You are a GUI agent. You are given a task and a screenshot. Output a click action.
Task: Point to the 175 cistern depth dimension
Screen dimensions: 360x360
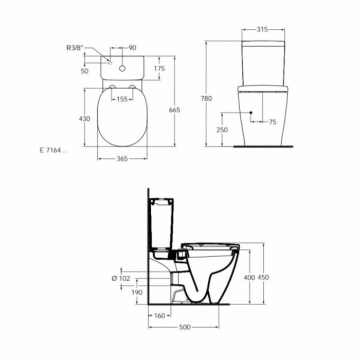point(159,68)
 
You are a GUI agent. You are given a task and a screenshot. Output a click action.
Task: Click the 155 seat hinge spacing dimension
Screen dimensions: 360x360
point(121,99)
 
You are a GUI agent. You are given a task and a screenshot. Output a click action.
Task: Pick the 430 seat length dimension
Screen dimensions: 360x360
point(84,119)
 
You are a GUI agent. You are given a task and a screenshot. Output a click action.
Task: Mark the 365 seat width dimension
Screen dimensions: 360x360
point(121,159)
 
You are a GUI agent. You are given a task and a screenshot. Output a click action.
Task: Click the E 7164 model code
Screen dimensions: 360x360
point(52,150)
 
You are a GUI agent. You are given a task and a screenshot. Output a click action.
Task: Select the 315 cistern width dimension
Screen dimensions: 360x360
point(262,30)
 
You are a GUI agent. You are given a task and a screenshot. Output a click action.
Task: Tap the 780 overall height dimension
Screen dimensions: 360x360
point(207,98)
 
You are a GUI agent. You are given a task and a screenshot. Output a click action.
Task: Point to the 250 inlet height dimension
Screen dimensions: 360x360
point(222,130)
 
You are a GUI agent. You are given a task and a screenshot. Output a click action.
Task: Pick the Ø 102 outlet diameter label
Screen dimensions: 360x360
point(122,278)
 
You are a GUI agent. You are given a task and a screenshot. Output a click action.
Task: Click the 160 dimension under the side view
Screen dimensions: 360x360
point(159,316)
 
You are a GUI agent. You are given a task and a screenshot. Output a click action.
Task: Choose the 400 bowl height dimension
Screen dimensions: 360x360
point(249,278)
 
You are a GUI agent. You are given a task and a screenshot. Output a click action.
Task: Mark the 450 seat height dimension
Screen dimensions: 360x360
point(264,278)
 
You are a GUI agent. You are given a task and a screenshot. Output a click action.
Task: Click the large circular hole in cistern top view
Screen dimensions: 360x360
point(122,67)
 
